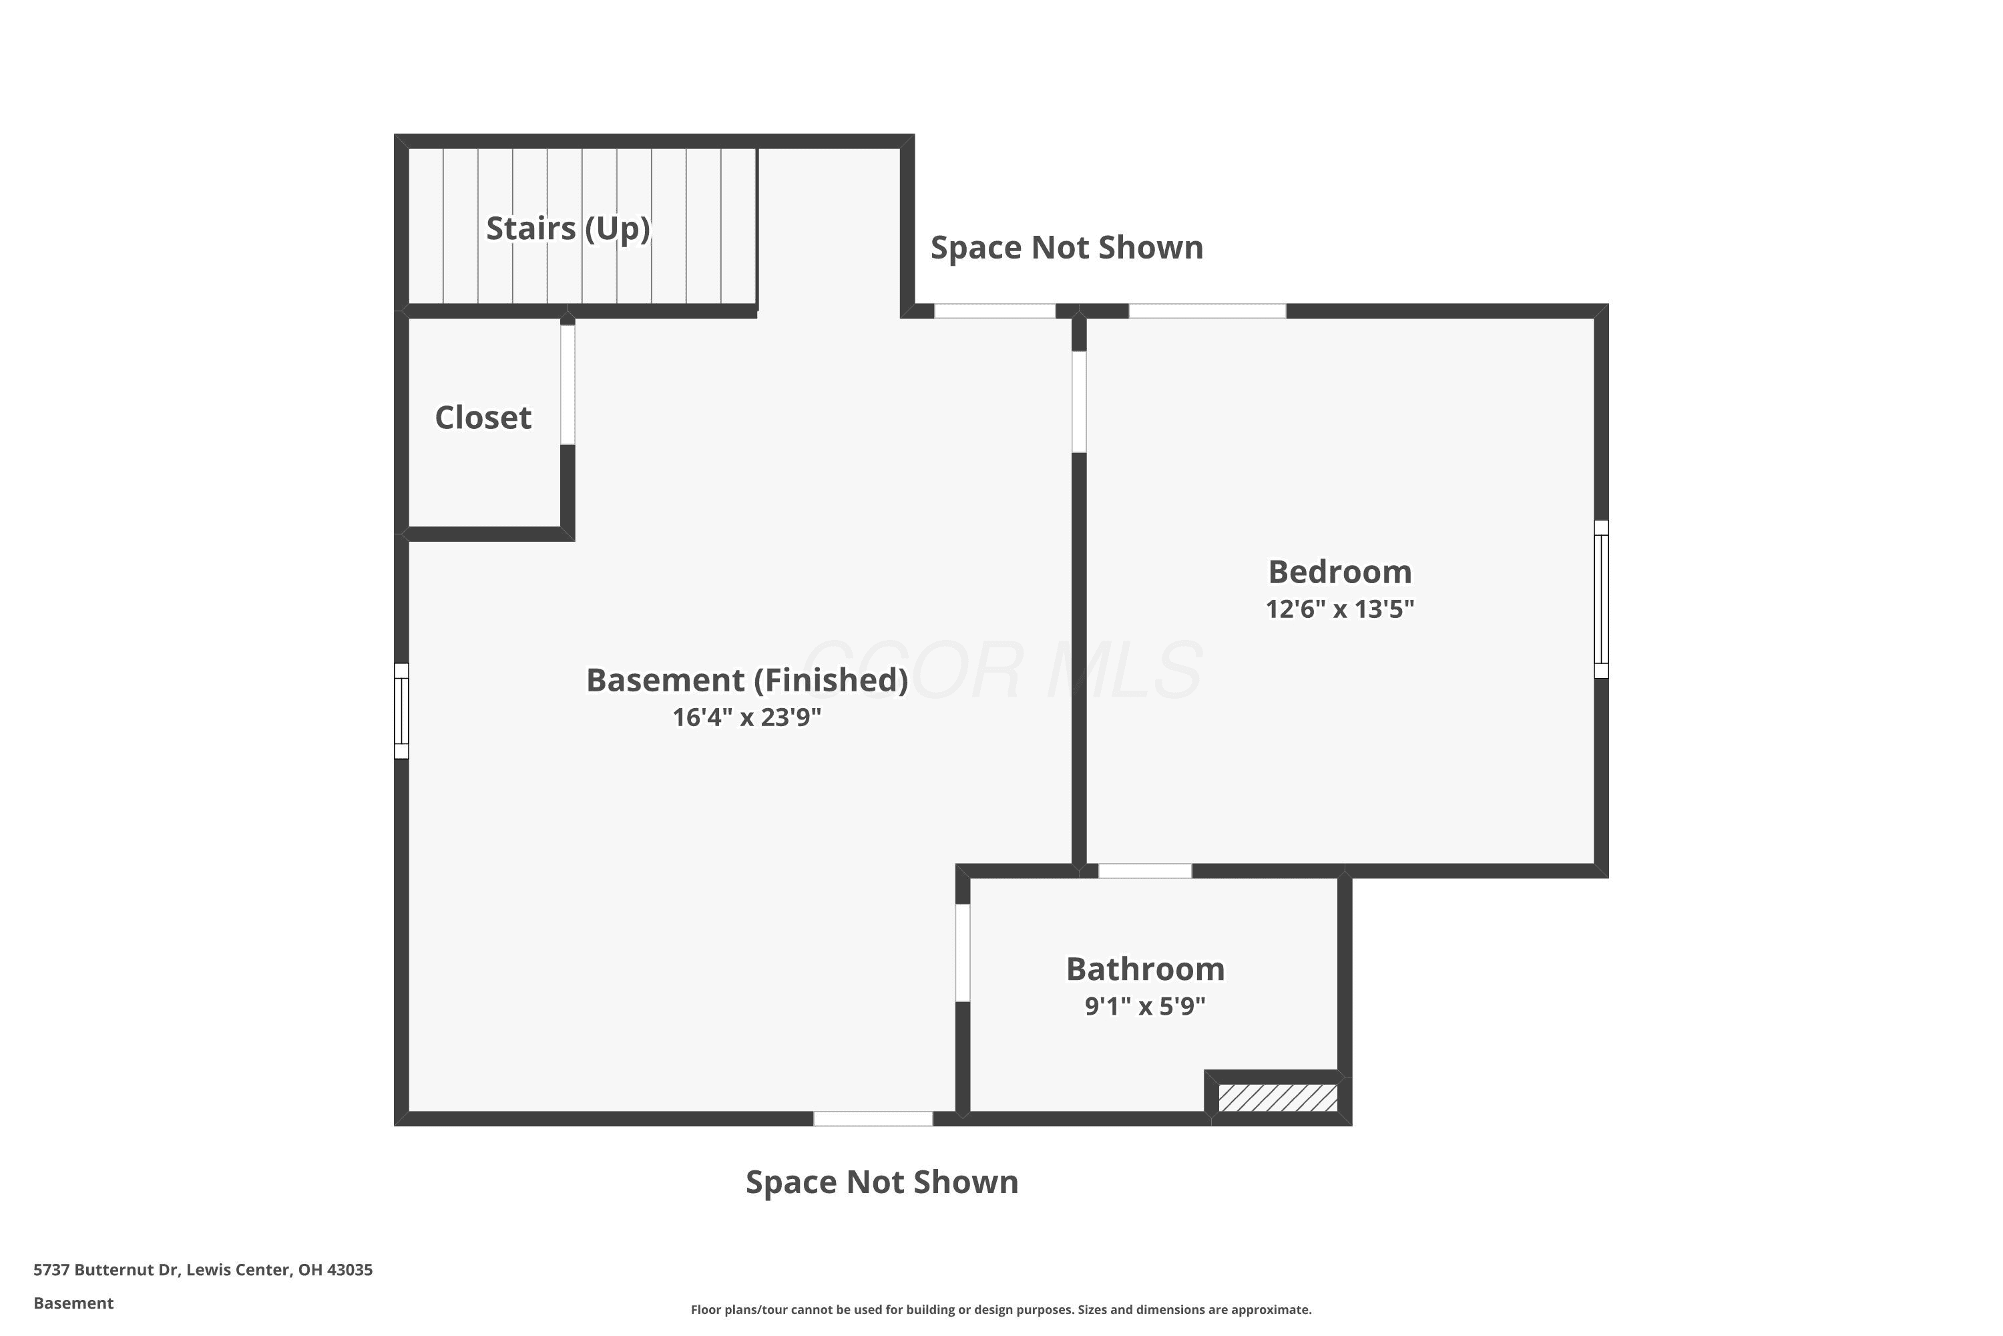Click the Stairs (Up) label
click(568, 228)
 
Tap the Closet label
click(483, 417)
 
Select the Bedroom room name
click(1339, 572)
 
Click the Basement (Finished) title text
click(747, 680)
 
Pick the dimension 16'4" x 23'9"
click(747, 717)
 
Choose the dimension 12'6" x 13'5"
click(1339, 609)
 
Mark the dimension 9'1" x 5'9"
click(1146, 1006)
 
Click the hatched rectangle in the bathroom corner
click(1277, 1098)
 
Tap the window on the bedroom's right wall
click(1601, 599)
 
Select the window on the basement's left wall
click(401, 711)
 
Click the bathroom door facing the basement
click(962, 953)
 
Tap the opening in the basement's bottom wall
click(873, 1119)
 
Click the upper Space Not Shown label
click(1066, 247)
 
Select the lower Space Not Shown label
click(881, 1182)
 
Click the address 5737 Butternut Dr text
click(106, 1270)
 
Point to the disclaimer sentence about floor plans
click(1001, 1309)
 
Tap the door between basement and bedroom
click(1079, 401)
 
